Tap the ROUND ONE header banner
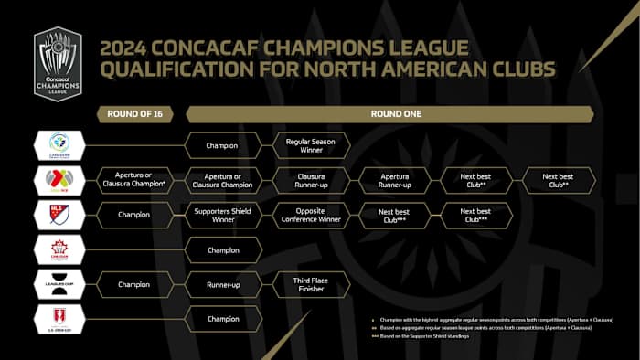[389, 114]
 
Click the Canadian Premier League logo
[59, 144]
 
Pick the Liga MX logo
[59, 180]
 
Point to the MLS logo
[59, 216]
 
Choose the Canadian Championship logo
[59, 249]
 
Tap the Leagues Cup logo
[59, 284]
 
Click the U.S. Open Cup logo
[59, 319]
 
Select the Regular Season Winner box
[312, 144]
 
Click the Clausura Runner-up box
[312, 180]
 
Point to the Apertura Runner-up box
[393, 180]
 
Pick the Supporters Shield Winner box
[224, 216]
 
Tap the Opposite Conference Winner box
[312, 216]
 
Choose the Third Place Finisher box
[312, 284]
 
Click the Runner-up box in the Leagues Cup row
[224, 284]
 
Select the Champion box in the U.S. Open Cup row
[224, 319]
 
